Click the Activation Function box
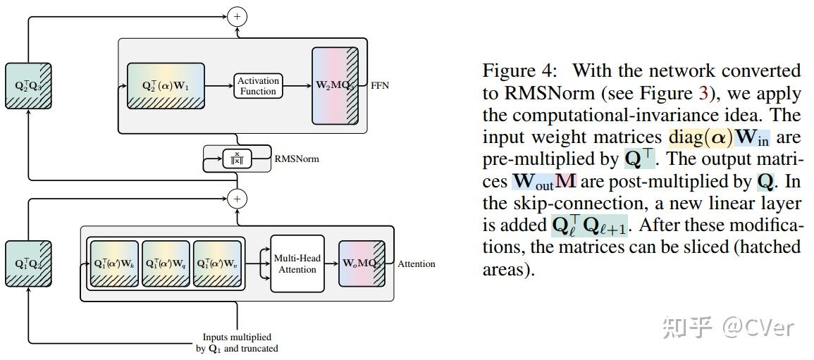(258, 86)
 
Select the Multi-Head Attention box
(297, 263)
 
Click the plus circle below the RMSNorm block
(238, 199)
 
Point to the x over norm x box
(236, 159)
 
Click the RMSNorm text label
(296, 159)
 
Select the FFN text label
(380, 86)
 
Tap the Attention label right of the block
(416, 264)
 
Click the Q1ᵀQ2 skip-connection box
(29, 264)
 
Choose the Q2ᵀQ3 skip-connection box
(29, 86)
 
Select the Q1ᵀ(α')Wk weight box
(114, 264)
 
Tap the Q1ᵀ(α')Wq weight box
(166, 264)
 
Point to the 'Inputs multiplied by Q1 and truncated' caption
(237, 342)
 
